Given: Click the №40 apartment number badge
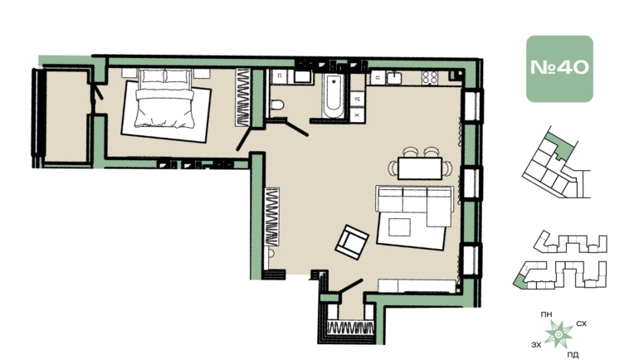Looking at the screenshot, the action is tap(559, 68).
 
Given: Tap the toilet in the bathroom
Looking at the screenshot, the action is tap(277, 105).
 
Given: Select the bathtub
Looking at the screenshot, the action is tap(334, 96).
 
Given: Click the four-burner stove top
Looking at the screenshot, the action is tap(430, 77).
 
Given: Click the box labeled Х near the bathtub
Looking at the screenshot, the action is tap(357, 114).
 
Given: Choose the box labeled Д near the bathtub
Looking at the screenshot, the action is tap(357, 99).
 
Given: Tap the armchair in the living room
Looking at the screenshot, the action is tap(352, 242).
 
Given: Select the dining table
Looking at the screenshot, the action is tap(420, 168).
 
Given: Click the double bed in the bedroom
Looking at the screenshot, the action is tap(165, 98).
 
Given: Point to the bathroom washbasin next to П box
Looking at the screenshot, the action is tap(303, 77).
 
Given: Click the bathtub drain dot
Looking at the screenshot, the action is tap(334, 81).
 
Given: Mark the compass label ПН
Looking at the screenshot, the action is tap(547, 314).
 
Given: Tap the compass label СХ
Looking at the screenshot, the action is tap(582, 324).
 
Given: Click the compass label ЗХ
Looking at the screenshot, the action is tap(537, 345).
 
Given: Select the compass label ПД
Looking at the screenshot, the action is tap(573, 355).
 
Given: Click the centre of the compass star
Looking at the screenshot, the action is tap(559, 335).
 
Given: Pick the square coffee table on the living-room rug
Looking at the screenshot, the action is tap(399, 226).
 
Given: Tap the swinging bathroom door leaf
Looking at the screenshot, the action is tap(297, 128).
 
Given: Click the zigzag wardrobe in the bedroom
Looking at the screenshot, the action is tap(242, 97).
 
